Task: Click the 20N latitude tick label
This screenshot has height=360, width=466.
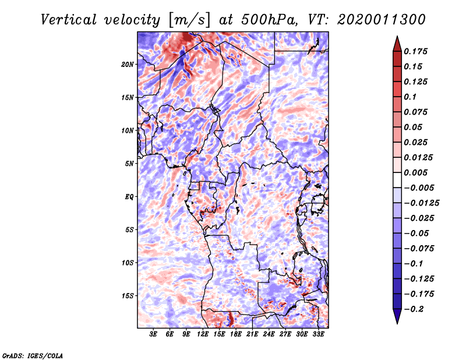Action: coord(128,64)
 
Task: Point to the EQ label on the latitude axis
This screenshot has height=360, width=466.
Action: coord(129,196)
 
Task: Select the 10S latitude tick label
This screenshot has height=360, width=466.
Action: coord(128,263)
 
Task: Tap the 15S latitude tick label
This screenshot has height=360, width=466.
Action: coord(128,296)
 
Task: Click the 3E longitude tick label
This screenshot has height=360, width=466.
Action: coord(154,334)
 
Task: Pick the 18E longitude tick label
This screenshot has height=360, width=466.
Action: coord(236,334)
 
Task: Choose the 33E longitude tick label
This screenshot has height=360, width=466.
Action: coord(318,334)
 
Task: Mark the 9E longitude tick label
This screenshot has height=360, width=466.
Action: coord(186,334)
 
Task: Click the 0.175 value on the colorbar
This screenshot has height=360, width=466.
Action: coord(417,51)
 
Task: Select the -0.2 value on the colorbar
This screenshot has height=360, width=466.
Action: coord(415,309)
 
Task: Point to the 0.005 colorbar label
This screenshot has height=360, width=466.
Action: coord(417,172)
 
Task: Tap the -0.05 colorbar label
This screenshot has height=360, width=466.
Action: coord(417,233)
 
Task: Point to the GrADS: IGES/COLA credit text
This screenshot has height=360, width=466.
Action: coord(33,355)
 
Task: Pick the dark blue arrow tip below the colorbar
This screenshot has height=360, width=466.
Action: coord(397,318)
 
